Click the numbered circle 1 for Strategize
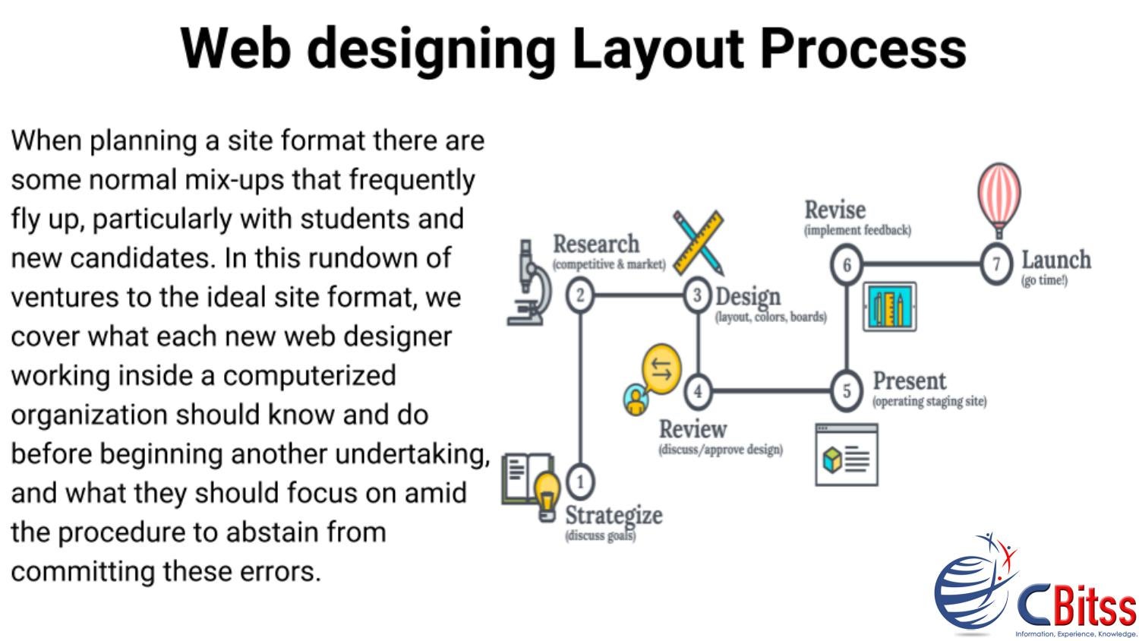(x=580, y=481)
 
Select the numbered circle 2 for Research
(x=580, y=294)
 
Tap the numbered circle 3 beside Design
(x=697, y=295)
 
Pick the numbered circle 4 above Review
(x=697, y=391)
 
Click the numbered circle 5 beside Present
(x=846, y=390)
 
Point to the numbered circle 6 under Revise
(x=846, y=264)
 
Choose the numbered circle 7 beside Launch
(x=995, y=264)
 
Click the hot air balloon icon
(x=999, y=197)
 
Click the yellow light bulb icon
(x=547, y=494)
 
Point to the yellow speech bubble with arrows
(x=661, y=369)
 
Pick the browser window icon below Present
(x=846, y=455)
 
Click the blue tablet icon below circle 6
(x=889, y=307)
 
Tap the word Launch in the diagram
(x=1055, y=260)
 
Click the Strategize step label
(x=613, y=515)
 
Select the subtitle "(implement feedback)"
(x=857, y=230)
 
